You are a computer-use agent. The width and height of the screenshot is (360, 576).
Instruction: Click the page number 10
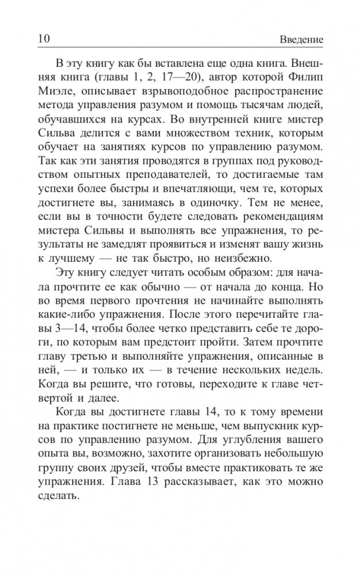point(43,40)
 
